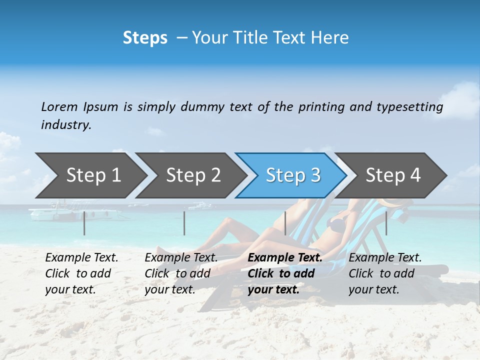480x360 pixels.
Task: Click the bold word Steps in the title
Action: (x=145, y=38)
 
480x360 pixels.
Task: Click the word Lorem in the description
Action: (x=59, y=106)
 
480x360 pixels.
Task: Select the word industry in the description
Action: (x=66, y=125)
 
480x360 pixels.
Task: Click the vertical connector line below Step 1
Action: (x=84, y=223)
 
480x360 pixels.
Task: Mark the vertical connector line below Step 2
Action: (x=184, y=223)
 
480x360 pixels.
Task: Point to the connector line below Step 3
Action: (x=285, y=223)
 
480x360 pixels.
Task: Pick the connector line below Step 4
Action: (x=386, y=223)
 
